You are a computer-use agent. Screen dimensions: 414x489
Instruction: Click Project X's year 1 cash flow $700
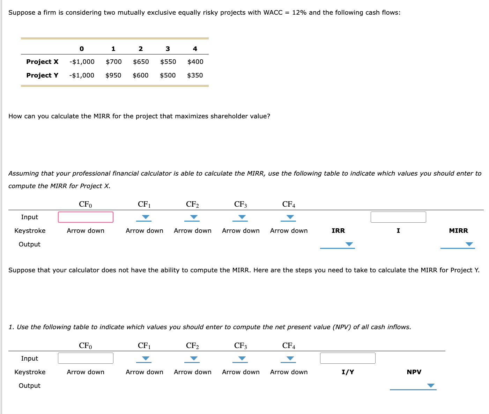[113, 62]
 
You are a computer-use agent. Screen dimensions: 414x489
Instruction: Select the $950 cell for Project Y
[113, 75]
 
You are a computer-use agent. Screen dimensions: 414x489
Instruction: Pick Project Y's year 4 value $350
[195, 75]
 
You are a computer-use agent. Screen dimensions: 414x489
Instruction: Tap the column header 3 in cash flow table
[168, 49]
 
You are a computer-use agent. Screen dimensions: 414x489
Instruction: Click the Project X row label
[42, 62]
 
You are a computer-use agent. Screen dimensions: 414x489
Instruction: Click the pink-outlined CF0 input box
[86, 217]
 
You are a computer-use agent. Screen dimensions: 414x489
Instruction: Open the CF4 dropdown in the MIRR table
[290, 217]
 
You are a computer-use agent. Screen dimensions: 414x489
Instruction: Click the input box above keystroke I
[398, 217]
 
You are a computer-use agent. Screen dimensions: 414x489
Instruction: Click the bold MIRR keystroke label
[458, 231]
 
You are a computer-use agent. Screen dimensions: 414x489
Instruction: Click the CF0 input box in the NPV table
[86, 358]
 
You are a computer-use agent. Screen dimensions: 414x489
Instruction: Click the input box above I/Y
[347, 358]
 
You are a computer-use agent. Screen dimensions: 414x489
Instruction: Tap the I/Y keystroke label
[348, 372]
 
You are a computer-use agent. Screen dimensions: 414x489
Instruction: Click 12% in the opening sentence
[299, 13]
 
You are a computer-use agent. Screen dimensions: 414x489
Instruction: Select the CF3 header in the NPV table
[240, 346]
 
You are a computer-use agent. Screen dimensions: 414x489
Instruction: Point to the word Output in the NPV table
[29, 386]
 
